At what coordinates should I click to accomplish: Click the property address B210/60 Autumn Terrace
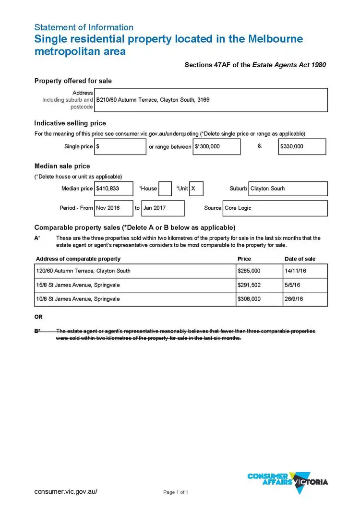(153, 100)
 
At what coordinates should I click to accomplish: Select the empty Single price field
(120, 147)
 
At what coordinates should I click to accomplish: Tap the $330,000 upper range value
(302, 147)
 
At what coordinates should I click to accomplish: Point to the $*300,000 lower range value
(216, 147)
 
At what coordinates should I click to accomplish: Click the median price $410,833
(113, 189)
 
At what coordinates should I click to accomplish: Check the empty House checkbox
(165, 189)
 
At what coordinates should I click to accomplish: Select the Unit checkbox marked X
(196, 189)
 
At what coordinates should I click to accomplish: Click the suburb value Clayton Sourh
(288, 189)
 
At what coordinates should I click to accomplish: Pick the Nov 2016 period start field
(113, 208)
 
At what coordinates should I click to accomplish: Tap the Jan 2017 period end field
(162, 208)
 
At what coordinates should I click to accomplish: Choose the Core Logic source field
(275, 208)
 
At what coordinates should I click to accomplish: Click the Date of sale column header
(300, 259)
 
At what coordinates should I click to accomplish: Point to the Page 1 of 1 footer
(176, 492)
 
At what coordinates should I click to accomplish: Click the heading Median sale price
(62, 167)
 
